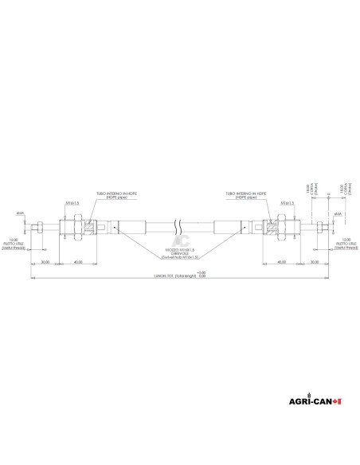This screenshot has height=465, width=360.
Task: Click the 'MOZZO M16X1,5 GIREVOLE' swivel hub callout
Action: (x=179, y=253)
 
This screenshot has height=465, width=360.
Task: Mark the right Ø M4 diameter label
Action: (x=338, y=213)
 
